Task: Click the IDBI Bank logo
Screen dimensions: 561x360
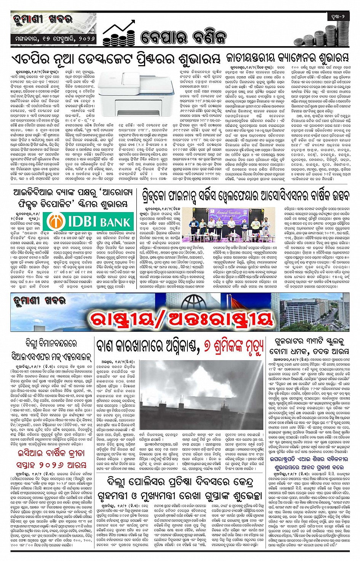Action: [x=88, y=221]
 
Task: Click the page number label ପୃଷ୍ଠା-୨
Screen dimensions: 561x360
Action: [x=337, y=17]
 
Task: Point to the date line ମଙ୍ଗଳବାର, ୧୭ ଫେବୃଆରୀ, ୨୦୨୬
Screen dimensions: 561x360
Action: [x=54, y=38]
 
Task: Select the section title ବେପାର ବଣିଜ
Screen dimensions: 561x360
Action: [x=183, y=37]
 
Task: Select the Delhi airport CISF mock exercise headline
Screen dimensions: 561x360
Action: [x=51, y=350]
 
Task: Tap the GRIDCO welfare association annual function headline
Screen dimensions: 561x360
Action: [x=245, y=196]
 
